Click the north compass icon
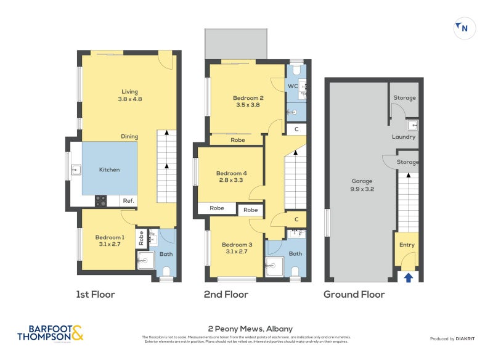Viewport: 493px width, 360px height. pos(464,28)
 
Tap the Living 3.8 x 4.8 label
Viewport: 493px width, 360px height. pos(129,95)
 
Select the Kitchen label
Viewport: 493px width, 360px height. pos(109,170)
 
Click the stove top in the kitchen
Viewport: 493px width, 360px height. pos(100,200)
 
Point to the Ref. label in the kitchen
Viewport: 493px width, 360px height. pos(128,201)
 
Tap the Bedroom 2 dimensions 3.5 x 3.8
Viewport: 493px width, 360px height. pos(248,105)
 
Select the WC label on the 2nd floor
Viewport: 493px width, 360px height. pos(293,86)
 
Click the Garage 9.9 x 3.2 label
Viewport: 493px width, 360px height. pos(362,185)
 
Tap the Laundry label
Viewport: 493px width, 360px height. pos(404,137)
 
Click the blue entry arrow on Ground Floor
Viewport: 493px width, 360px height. pos(408,278)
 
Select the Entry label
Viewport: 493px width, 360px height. pos(407,245)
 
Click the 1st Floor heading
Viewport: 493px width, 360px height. pos(96,295)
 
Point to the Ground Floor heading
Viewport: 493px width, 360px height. pos(354,295)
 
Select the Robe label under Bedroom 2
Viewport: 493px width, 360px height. pos(237,140)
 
